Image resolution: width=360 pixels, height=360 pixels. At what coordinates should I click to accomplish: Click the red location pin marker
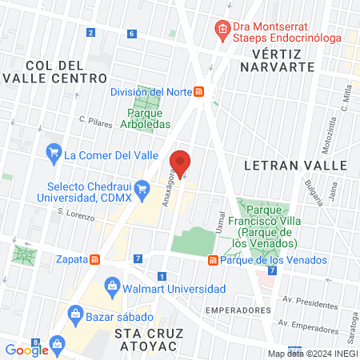[x=181, y=162]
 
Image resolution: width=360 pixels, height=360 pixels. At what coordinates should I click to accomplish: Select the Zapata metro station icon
[x=95, y=259]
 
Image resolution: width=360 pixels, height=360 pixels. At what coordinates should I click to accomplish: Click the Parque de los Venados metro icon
[x=213, y=260]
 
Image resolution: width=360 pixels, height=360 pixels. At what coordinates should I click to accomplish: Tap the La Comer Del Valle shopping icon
[x=54, y=150]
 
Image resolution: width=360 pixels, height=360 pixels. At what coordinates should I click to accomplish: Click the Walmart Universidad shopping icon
[x=112, y=286]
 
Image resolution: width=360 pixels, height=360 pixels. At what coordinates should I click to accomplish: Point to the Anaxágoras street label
[x=170, y=189]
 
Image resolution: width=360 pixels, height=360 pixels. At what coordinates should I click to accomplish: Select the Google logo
[x=27, y=349]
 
